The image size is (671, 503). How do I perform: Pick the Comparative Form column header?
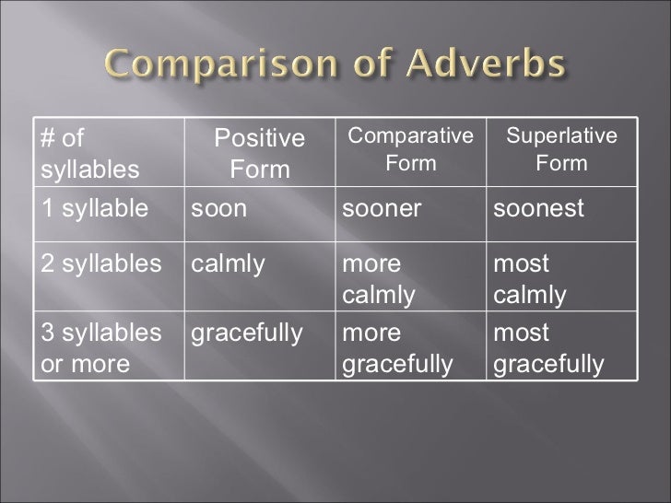(x=410, y=149)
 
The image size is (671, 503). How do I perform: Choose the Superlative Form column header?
(x=561, y=149)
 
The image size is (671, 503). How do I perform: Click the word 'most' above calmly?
(x=522, y=264)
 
